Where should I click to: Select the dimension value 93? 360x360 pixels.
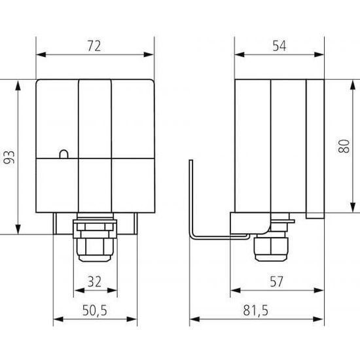9,156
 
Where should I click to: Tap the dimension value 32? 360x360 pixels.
94,283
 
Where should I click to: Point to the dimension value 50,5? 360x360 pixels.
94,310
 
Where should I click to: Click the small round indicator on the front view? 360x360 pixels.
63,154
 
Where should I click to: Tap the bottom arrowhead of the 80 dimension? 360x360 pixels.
334,213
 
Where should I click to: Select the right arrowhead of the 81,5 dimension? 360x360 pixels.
323,320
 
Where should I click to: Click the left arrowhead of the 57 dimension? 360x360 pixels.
234,290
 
